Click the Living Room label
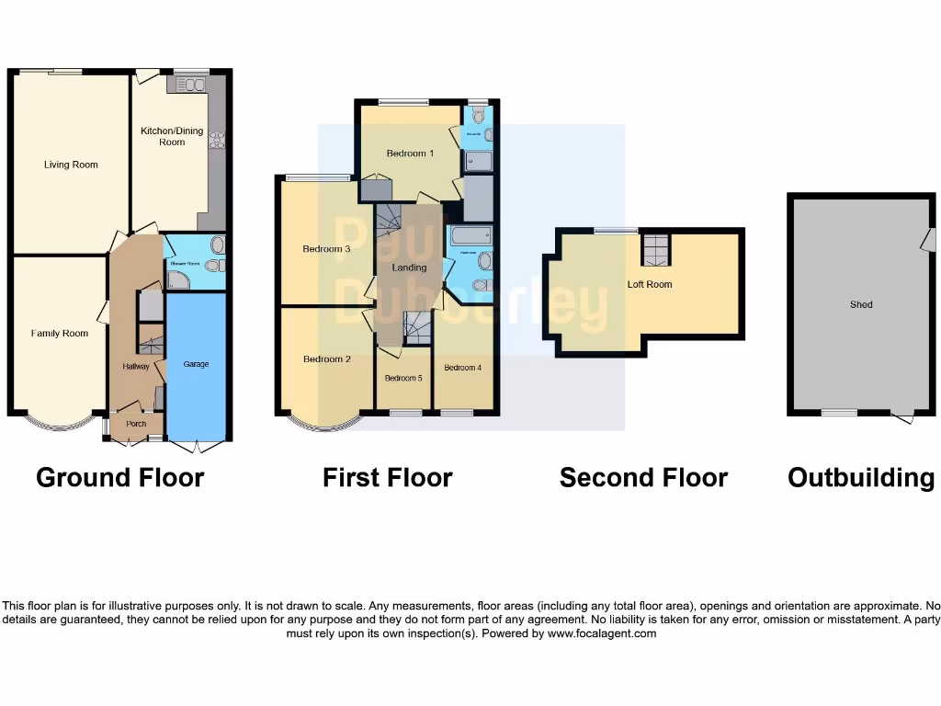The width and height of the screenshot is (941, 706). click(x=71, y=165)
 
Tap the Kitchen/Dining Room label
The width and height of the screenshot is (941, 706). click(x=172, y=136)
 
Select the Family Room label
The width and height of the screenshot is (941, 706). click(x=60, y=334)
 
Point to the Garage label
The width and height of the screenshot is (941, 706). click(x=196, y=365)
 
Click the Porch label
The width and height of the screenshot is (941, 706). click(x=136, y=424)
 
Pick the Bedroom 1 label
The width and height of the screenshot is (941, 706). click(x=410, y=154)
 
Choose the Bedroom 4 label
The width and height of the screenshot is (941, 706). click(x=462, y=368)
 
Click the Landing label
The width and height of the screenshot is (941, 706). click(x=409, y=268)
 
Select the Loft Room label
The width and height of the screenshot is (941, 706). click(x=650, y=285)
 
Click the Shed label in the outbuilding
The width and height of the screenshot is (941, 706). click(x=861, y=305)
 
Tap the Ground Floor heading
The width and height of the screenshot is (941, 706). click(x=119, y=478)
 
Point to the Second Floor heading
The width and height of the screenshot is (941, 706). click(x=643, y=478)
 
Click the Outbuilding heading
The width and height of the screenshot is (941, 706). click(x=861, y=478)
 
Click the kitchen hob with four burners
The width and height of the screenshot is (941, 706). click(x=218, y=141)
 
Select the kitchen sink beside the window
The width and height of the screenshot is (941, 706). click(x=190, y=85)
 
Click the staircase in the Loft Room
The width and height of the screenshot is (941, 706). click(x=655, y=249)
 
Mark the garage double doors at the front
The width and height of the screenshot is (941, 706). click(x=198, y=447)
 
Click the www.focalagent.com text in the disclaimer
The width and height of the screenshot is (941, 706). click(x=602, y=633)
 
